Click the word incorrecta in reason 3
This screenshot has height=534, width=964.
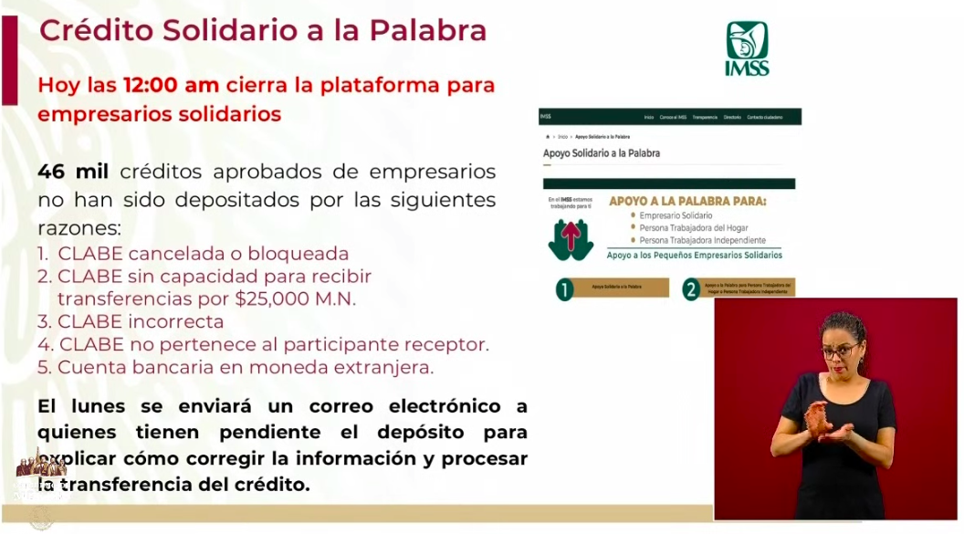(176, 321)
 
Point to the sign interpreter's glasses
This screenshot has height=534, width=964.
(841, 350)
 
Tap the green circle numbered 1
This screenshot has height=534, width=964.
(565, 290)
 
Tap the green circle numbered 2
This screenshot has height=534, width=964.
(691, 290)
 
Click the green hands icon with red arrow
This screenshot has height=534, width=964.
(571, 238)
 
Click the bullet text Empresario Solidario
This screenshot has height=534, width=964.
(677, 215)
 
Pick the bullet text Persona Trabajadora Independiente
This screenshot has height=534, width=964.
(703, 239)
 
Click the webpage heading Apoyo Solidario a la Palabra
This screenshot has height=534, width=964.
(602, 152)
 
